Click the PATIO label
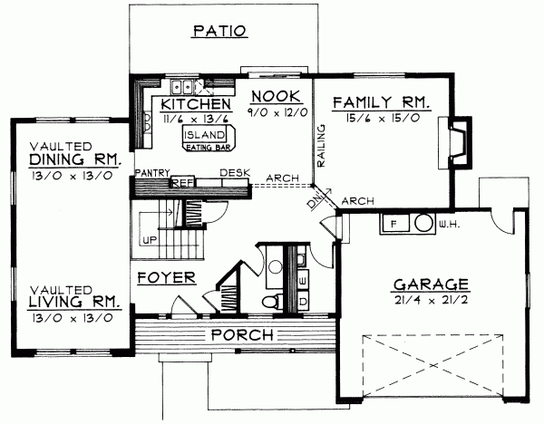220,31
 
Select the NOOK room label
271,98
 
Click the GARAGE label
430,283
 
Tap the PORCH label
242,334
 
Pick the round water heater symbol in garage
423,221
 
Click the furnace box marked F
393,221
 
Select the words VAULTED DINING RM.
71,153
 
